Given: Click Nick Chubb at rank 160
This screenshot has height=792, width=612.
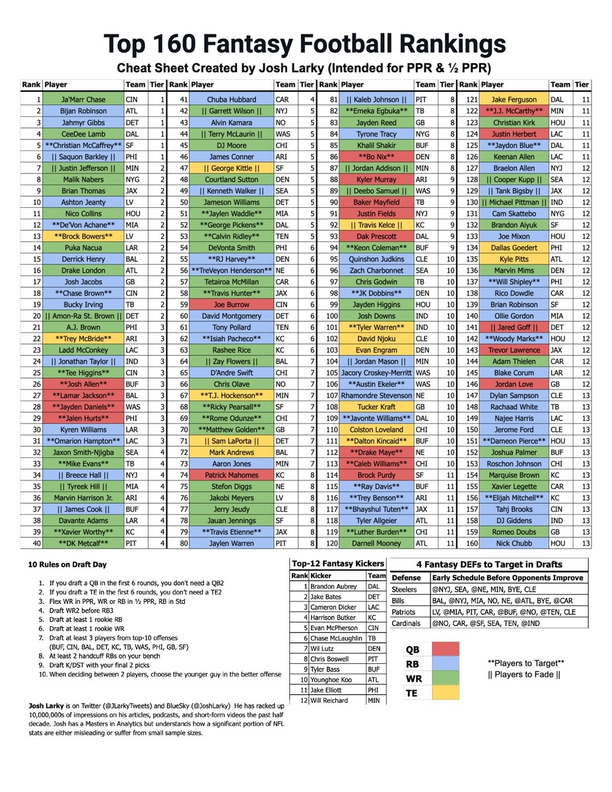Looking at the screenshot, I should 514,543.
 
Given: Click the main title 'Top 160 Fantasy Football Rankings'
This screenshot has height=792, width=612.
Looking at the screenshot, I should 306,45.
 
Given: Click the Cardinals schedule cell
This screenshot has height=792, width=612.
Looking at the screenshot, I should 482,622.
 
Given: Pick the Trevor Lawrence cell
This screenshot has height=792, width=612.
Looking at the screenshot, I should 514,350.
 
